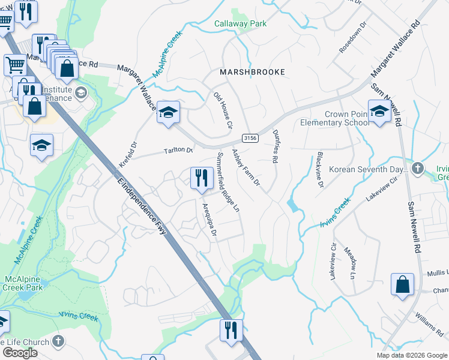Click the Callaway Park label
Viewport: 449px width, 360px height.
[x=240, y=24]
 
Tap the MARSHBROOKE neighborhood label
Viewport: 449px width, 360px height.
[x=252, y=71]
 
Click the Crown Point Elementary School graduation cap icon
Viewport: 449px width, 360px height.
[x=379, y=111]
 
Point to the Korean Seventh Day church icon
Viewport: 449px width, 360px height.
[x=418, y=169]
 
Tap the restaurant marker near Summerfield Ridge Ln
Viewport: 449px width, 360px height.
[x=201, y=178]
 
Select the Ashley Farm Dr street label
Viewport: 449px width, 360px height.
[x=246, y=167]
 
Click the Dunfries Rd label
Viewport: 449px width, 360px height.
[x=276, y=147]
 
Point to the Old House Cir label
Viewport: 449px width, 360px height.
[x=223, y=110]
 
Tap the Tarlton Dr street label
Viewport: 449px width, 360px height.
[x=178, y=151]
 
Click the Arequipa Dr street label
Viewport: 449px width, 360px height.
[x=209, y=220]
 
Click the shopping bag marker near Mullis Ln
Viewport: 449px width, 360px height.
[x=402, y=285]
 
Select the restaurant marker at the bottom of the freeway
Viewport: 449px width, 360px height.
[x=231, y=329]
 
